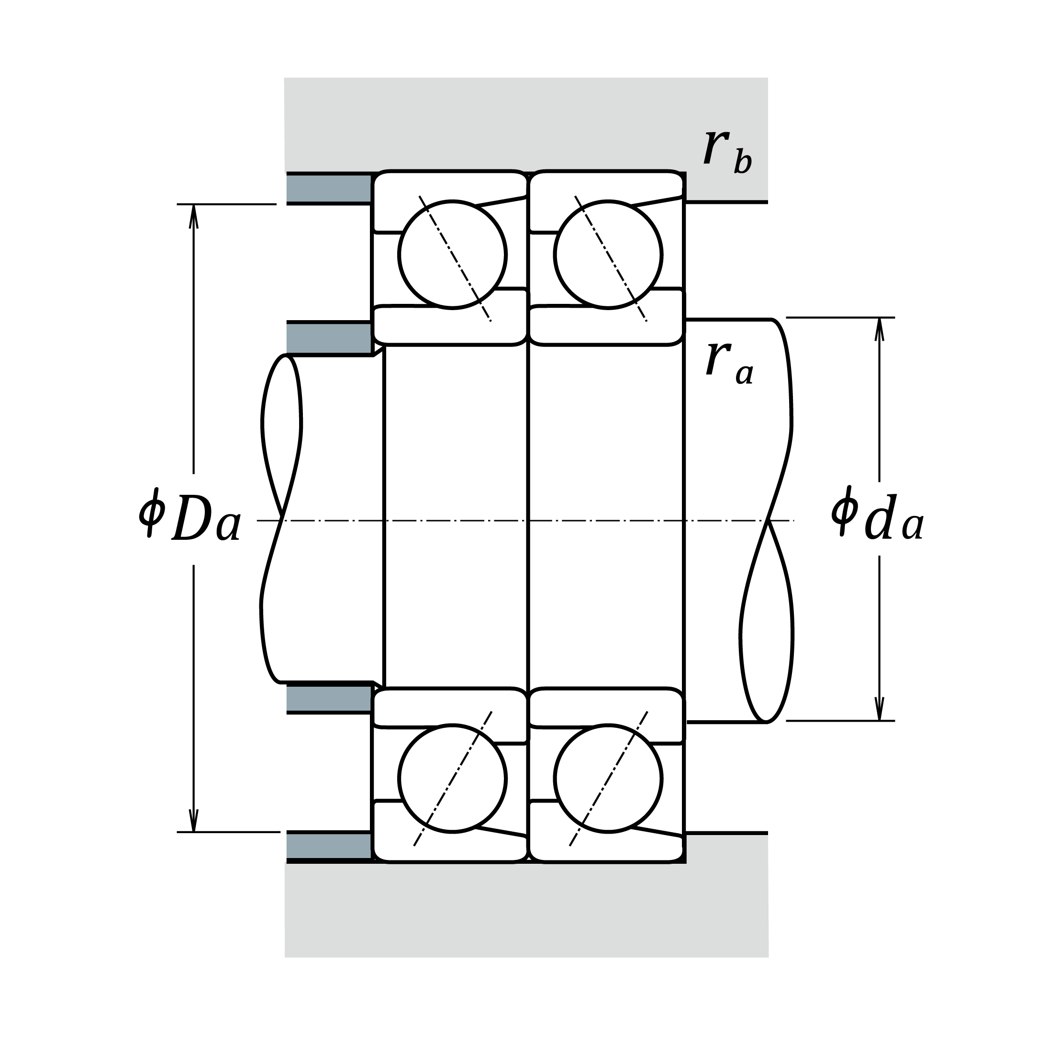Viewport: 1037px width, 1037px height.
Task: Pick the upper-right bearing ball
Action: click(x=608, y=255)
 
